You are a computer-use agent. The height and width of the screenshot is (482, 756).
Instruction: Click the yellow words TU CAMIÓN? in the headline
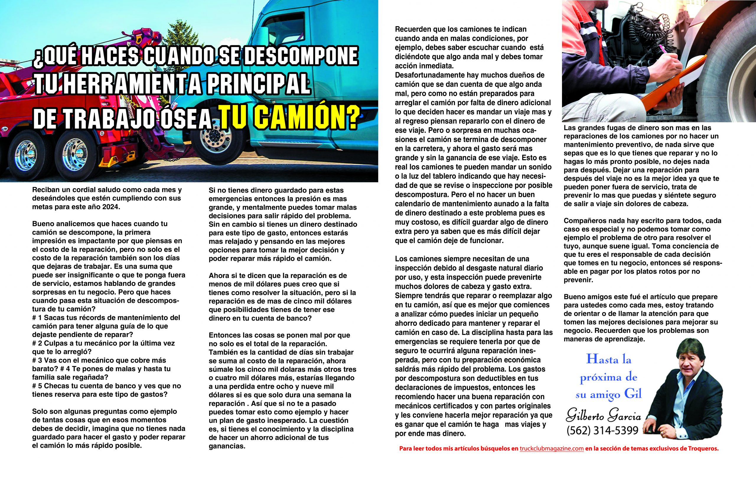tap(289, 118)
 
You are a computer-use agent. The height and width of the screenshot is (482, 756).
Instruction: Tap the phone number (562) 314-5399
tap(602, 431)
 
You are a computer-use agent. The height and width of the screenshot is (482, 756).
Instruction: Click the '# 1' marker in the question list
tap(37, 318)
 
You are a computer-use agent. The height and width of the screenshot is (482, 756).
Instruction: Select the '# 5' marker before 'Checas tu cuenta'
tap(37, 386)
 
